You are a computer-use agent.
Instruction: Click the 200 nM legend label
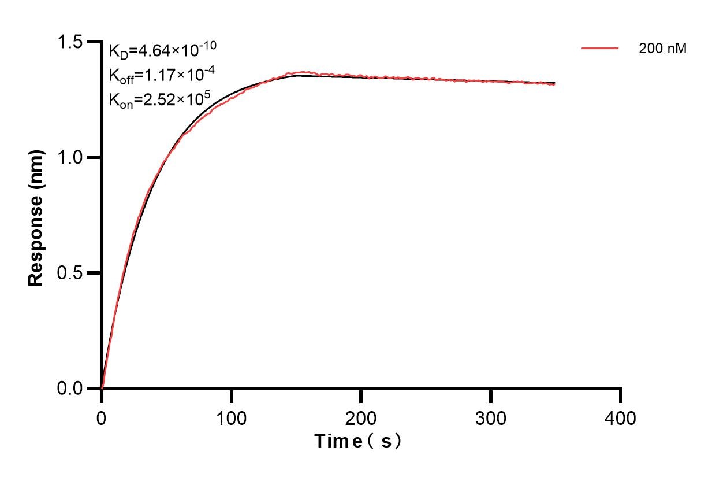click(662, 49)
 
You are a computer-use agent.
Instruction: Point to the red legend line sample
click(600, 49)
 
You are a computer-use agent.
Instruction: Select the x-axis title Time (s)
click(358, 441)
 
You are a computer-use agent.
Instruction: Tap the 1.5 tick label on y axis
click(69, 42)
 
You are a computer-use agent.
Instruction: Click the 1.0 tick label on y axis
click(69, 157)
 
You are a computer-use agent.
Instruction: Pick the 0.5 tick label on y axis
click(69, 273)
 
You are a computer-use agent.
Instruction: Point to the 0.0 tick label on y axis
click(69, 388)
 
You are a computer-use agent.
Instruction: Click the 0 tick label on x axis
click(102, 417)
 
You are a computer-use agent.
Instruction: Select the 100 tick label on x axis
click(231, 417)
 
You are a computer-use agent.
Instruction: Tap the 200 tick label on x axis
click(361, 417)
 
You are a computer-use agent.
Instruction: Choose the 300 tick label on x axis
click(491, 417)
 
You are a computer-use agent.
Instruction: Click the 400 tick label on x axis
click(621, 417)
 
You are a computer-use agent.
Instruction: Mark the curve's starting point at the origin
click(102, 387)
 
